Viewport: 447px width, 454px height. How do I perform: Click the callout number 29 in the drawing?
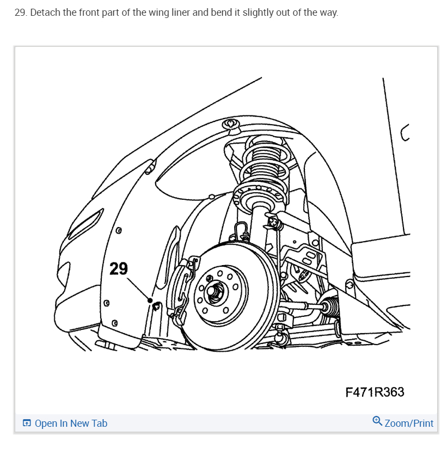click(x=118, y=268)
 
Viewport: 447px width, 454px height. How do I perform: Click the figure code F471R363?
click(x=375, y=392)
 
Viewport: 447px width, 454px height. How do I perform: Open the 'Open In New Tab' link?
click(x=71, y=424)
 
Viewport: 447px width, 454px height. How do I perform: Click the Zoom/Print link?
click(x=409, y=424)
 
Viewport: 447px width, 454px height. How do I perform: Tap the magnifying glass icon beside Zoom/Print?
click(x=377, y=421)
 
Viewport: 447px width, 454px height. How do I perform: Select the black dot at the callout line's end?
click(x=150, y=300)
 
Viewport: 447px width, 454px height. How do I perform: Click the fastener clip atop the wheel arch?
click(x=230, y=125)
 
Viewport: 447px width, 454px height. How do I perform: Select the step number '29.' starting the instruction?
click(x=21, y=13)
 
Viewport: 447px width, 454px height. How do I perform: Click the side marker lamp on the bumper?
click(x=85, y=224)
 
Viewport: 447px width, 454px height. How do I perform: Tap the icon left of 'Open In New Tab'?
click(x=27, y=423)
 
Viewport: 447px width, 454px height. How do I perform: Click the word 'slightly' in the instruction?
click(x=257, y=13)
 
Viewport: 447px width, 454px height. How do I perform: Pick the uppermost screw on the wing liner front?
click(x=118, y=230)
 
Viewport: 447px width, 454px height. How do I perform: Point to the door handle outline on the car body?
click(x=405, y=133)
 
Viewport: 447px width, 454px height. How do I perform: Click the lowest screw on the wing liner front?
click(x=115, y=323)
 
